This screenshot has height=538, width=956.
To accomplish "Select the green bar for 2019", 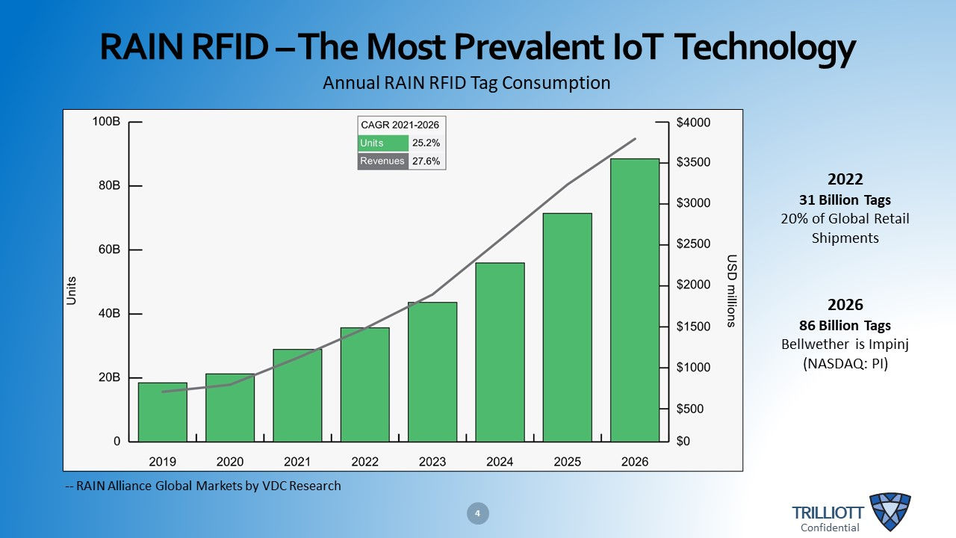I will click(x=162, y=412).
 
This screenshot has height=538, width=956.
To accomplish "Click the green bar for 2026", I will click(x=635, y=300).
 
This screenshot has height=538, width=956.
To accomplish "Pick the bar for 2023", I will click(x=432, y=371).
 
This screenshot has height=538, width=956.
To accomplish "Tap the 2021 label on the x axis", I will click(x=297, y=462).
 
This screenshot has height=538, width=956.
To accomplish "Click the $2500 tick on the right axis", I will click(x=692, y=244).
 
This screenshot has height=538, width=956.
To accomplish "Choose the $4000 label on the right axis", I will click(x=692, y=122).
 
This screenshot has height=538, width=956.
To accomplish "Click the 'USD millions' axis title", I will click(x=731, y=291).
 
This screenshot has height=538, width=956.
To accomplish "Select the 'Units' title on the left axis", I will click(x=72, y=291).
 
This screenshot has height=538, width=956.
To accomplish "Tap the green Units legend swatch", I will click(x=383, y=143).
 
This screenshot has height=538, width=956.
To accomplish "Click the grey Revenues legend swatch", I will click(x=383, y=161).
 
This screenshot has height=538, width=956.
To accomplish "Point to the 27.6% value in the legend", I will click(x=426, y=161).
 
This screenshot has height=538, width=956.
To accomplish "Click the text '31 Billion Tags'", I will click(x=845, y=200).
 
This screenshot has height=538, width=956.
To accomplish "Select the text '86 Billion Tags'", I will click(x=845, y=326).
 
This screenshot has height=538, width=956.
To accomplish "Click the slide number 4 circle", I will click(x=478, y=513).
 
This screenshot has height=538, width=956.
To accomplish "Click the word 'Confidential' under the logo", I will click(x=830, y=528).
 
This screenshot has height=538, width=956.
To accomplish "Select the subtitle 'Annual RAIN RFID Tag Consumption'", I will click(x=466, y=83).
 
